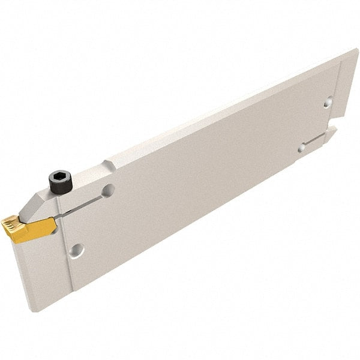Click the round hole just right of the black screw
pos(108,191)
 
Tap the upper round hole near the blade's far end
pos(328,103)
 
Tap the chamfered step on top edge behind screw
pos(109,165)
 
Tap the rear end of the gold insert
pos(53,224)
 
